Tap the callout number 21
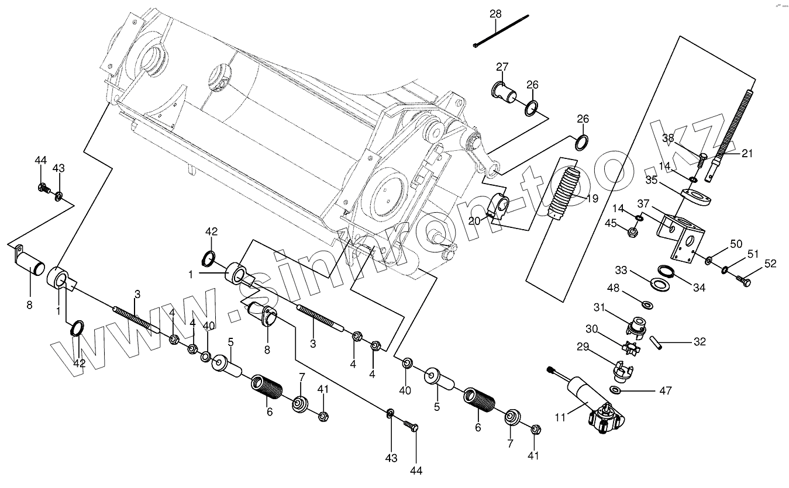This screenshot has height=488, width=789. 747,154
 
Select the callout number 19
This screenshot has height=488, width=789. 592,199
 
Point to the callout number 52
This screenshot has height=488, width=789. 770,264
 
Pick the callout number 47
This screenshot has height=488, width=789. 664,390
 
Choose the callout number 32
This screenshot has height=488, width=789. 700,341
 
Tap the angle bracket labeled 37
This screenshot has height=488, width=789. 681,234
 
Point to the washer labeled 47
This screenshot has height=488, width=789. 616,390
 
